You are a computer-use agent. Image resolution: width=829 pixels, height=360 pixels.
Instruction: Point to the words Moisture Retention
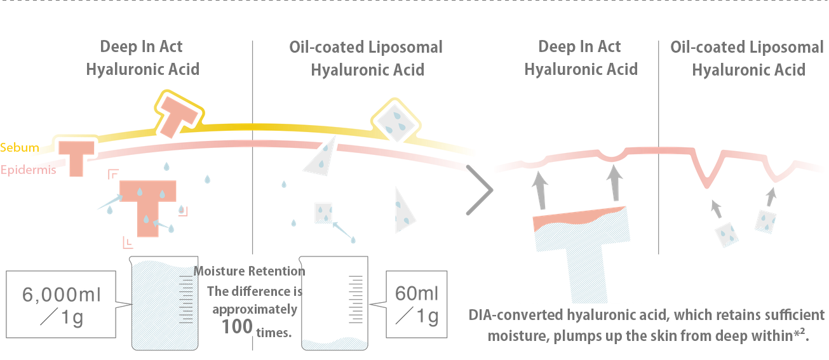[250, 271]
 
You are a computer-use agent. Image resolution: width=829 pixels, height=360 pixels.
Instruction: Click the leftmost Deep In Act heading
[142, 58]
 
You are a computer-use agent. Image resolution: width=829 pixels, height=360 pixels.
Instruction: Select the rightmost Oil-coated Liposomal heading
[747, 58]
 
